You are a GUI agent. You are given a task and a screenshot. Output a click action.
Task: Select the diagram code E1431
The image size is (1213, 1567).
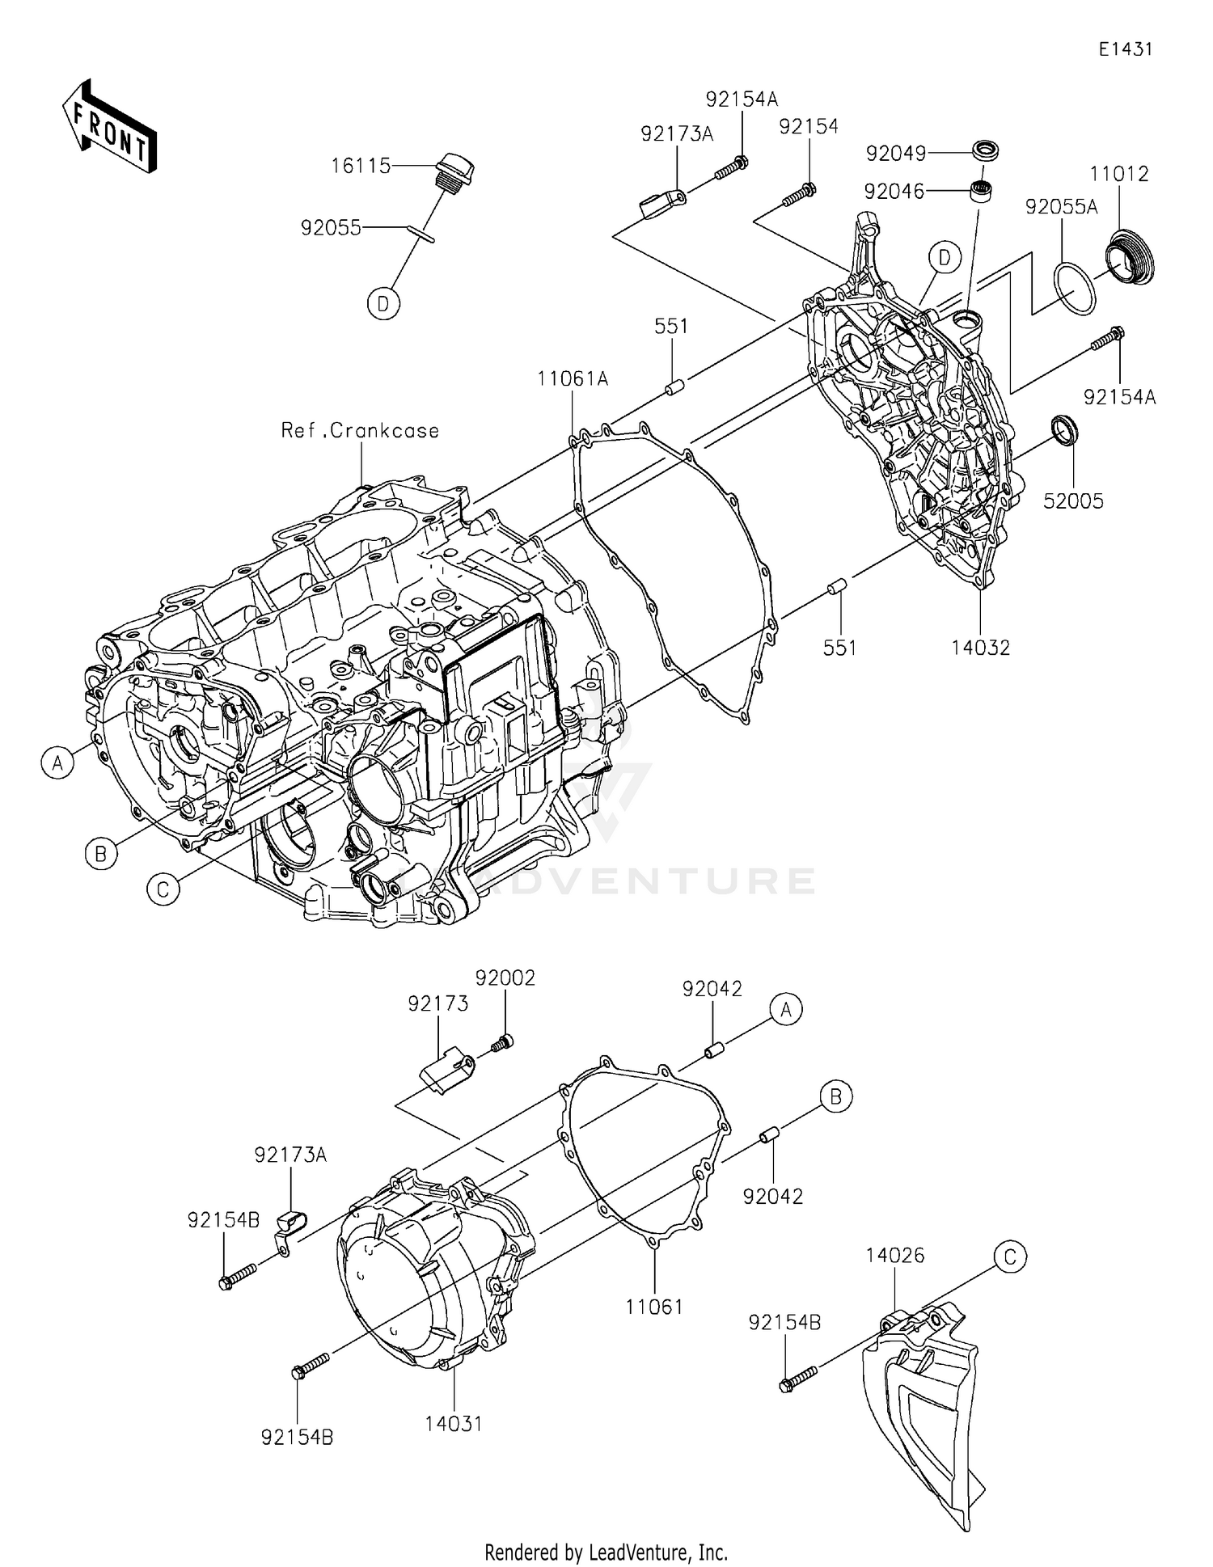pyautogui.click(x=1125, y=49)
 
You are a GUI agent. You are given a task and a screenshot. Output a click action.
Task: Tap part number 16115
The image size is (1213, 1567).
pyautogui.click(x=361, y=166)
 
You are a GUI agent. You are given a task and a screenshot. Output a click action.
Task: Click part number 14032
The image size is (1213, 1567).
pyautogui.click(x=980, y=647)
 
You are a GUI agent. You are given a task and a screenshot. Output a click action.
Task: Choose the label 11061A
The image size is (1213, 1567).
pyautogui.click(x=573, y=378)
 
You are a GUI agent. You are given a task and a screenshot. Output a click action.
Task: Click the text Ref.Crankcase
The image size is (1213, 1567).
pyautogui.click(x=360, y=430)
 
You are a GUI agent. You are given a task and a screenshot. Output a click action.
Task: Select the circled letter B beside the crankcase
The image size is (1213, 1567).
pyautogui.click(x=101, y=854)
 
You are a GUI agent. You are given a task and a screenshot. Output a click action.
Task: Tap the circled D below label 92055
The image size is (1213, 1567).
pyautogui.click(x=383, y=304)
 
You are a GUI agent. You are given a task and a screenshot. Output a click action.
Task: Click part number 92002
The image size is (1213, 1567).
pyautogui.click(x=505, y=978)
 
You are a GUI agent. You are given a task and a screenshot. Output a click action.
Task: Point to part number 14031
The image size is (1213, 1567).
pyautogui.click(x=454, y=1423)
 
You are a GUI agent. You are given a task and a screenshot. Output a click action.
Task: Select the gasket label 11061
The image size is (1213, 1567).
pyautogui.click(x=653, y=1307)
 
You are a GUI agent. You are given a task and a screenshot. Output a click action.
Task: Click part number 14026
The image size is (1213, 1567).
pyautogui.click(x=894, y=1256)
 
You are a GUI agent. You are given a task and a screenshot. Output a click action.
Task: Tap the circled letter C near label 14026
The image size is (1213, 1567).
pyautogui.click(x=1010, y=1257)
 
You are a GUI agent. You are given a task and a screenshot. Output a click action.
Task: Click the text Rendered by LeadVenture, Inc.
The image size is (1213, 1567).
pyautogui.click(x=606, y=1552)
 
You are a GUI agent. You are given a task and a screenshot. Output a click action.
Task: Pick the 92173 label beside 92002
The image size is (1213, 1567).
pyautogui.click(x=437, y=1003)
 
